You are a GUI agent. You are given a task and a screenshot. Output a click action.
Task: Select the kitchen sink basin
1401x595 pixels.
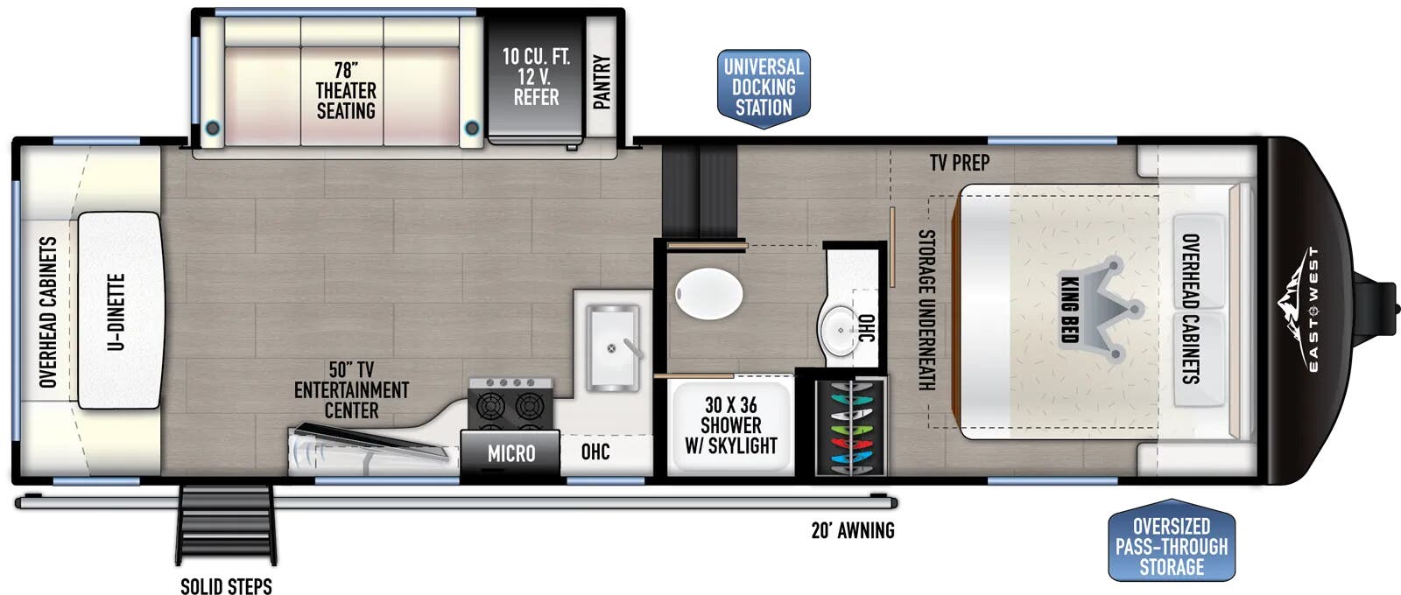[612, 346]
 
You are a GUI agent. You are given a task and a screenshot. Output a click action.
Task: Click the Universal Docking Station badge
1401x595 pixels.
[764, 87]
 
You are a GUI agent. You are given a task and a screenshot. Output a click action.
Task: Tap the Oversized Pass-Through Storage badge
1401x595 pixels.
[1171, 546]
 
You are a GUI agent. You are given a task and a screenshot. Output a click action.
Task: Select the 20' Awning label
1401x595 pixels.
[852, 530]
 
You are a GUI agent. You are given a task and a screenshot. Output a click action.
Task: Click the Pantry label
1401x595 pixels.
[602, 82]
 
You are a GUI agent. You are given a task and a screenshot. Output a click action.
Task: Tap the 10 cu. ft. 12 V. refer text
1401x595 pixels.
[536, 77]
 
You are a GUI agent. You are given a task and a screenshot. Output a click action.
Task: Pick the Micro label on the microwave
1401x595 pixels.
[511, 453]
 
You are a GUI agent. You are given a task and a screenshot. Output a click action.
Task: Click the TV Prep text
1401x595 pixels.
[960, 163]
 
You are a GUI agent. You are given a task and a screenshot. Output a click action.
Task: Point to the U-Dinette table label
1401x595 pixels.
[116, 311]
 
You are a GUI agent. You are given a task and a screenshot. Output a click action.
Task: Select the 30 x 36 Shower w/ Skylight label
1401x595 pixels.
[730, 425]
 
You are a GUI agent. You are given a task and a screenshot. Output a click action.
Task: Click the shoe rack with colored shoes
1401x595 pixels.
[849, 427]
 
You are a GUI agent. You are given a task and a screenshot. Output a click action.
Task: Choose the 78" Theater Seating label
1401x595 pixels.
[346, 90]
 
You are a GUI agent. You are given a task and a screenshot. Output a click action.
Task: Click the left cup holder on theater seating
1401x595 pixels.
[212, 129]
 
